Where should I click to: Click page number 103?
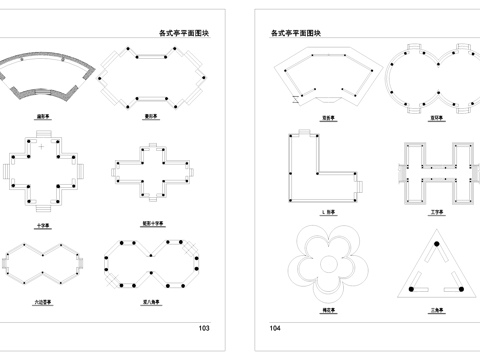pyautogui.click(x=204, y=328)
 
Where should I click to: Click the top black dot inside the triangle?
pyautogui.click(x=436, y=245)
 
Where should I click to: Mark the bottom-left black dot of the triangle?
pyautogui.click(x=410, y=290)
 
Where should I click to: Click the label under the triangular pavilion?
pyautogui.click(x=436, y=311)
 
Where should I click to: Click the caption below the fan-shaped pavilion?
pyautogui.click(x=44, y=116)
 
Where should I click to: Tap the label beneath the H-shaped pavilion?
pyautogui.click(x=436, y=213)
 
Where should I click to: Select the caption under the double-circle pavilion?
pyautogui.click(x=436, y=117)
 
